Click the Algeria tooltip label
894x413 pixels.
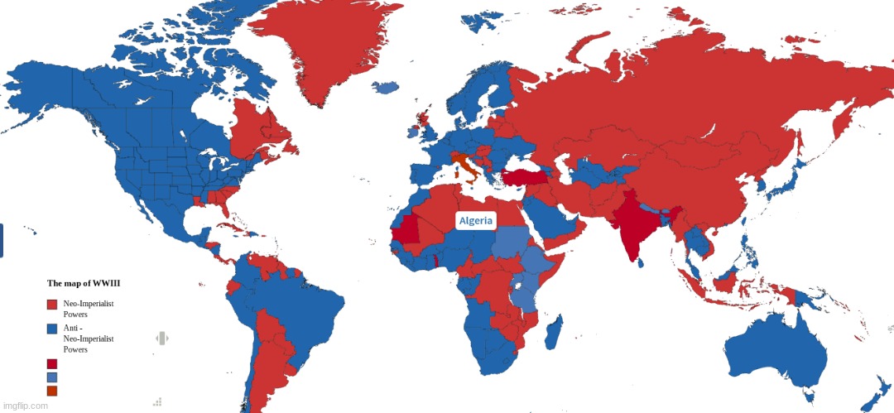pyautogui.click(x=476, y=220)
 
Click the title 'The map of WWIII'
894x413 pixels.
pyautogui.click(x=84, y=284)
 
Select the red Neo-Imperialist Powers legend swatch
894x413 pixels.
pyautogui.click(x=51, y=305)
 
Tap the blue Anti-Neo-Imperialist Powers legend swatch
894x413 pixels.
pyautogui.click(x=51, y=329)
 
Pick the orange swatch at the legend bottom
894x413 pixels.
pyautogui.click(x=51, y=391)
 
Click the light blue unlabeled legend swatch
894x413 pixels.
pyautogui.click(x=51, y=377)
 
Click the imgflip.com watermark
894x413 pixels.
pyautogui.click(x=25, y=406)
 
